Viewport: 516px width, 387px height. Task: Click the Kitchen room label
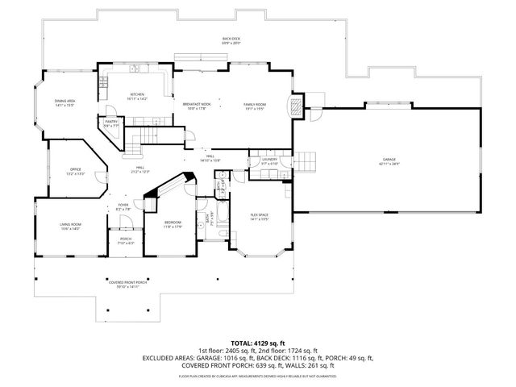click(x=136, y=96)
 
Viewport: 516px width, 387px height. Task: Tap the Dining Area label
click(x=65, y=103)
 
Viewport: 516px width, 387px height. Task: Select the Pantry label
click(x=111, y=123)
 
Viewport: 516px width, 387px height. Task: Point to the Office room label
click(x=75, y=171)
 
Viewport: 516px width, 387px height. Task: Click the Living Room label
click(x=70, y=227)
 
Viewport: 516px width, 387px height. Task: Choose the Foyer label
click(x=123, y=207)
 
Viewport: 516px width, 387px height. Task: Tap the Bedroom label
click(x=173, y=224)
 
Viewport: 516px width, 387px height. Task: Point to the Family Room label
click(x=255, y=106)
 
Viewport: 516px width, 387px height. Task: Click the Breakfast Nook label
click(x=196, y=106)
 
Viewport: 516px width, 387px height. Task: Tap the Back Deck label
click(x=232, y=40)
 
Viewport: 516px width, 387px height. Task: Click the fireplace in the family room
click(x=298, y=107)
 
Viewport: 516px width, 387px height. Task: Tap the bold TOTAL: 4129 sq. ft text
click(x=257, y=342)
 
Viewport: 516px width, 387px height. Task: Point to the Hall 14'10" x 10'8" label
click(x=210, y=160)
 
